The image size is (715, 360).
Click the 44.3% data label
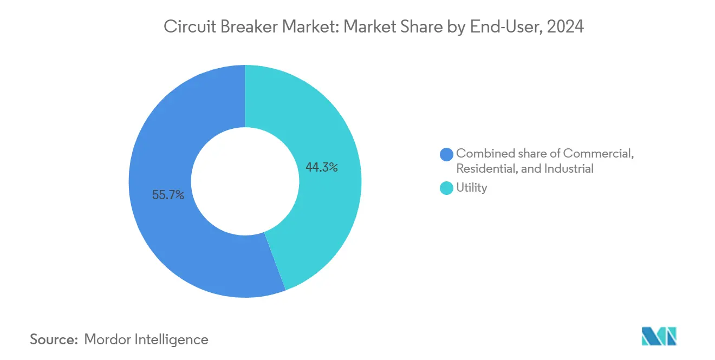pos(322,168)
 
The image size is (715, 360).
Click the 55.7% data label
pos(168,195)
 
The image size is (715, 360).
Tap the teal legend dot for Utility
pos(446,188)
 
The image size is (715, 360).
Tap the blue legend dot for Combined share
pos(446,154)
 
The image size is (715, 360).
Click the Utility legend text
pos(472,188)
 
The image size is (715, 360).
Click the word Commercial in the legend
pos(599,154)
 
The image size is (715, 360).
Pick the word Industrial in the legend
pos(569,169)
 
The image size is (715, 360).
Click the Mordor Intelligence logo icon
pos(659,336)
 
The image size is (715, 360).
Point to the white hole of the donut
pos(245,181)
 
